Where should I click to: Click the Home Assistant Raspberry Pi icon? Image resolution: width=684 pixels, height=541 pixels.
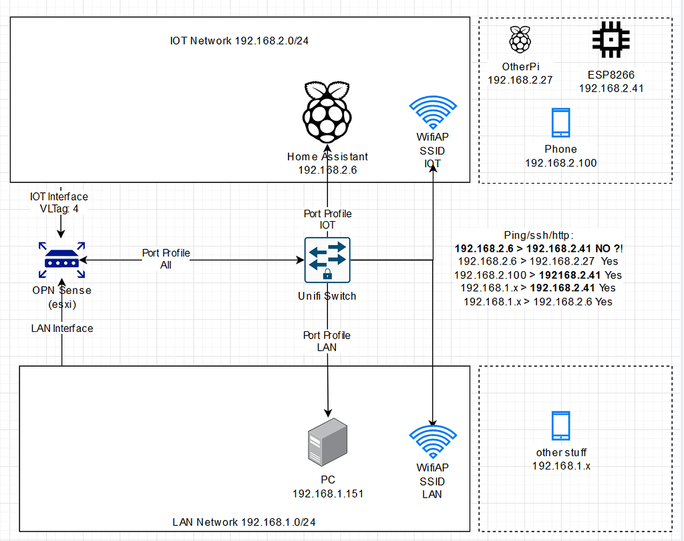tap(327, 113)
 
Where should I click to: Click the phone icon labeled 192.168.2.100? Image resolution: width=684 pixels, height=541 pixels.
tap(560, 124)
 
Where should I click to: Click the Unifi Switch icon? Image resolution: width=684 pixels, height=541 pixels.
tap(327, 260)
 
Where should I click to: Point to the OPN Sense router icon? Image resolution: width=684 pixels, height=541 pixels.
tap(61, 259)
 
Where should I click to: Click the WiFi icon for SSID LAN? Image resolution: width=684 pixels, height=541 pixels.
tap(432, 441)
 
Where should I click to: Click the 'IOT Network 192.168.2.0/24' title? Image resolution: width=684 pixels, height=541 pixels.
tap(239, 41)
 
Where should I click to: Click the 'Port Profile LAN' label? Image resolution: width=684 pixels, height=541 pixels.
tap(327, 341)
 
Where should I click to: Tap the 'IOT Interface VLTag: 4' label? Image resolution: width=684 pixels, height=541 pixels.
tap(59, 202)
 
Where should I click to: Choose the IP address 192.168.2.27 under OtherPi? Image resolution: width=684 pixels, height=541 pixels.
tap(520, 79)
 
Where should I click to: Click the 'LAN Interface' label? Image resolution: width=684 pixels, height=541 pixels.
tap(62, 328)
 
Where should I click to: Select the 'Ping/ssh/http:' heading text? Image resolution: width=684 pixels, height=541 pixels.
tap(538, 234)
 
